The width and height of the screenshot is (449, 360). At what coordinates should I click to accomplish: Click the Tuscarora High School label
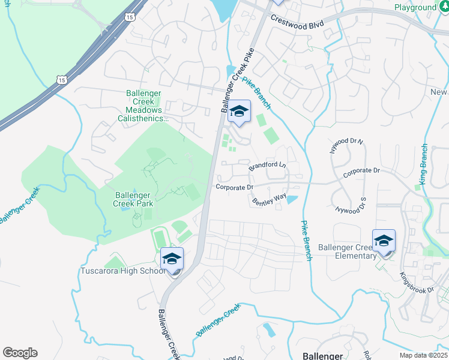click(122, 271)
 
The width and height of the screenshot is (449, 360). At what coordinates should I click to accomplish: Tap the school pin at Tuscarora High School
click(172, 260)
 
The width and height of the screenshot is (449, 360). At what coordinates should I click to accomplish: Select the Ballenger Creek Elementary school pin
click(384, 242)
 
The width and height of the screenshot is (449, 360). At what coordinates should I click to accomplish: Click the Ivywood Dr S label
click(351, 206)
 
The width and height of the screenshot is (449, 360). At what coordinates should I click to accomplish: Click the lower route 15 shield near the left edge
click(61, 79)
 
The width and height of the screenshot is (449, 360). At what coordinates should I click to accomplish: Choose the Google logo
click(20, 353)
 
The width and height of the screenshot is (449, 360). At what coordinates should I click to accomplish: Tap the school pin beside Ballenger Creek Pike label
click(240, 112)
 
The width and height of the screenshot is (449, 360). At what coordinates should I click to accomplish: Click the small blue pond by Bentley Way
click(292, 200)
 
